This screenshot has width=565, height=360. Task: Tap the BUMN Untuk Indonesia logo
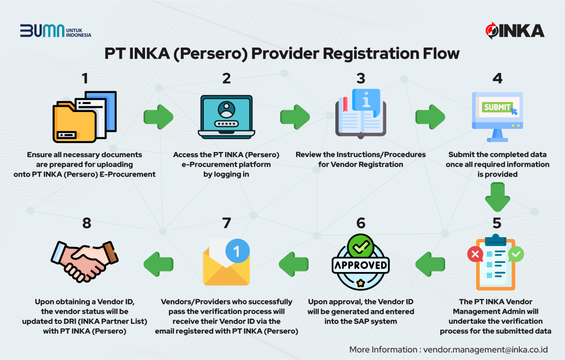point(56,31)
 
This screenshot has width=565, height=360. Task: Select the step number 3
point(361,78)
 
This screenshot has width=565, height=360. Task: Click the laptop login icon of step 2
point(226,117)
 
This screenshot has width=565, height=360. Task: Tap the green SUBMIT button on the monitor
point(497,107)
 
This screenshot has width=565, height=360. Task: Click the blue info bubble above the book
point(365,99)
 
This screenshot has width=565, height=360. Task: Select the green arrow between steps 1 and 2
point(158,117)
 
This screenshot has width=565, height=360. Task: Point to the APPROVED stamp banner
point(360,265)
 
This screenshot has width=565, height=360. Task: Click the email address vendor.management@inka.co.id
point(485,350)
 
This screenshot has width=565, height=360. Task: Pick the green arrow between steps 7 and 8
point(158,263)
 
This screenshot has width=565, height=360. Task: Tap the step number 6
point(361,223)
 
